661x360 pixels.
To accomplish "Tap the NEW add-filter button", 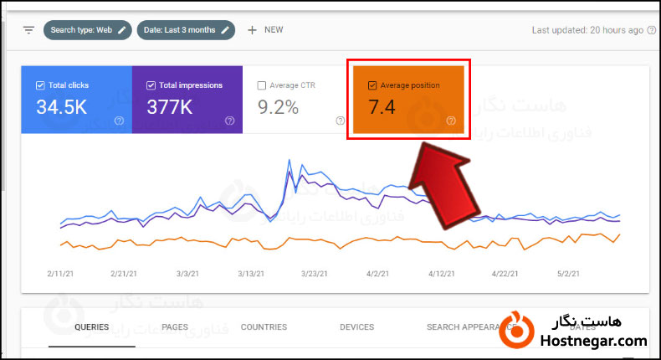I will tap(265, 30).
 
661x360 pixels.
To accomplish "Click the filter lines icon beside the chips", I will tap(28, 30).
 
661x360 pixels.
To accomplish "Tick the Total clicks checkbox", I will tap(40, 85).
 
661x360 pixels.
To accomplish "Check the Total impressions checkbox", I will tap(151, 85).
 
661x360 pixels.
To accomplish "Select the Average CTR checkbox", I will tap(262, 85).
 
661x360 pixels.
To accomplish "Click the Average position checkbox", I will tap(372, 85).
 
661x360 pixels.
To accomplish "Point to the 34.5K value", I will tap(61, 107).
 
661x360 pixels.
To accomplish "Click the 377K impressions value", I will tap(170, 107).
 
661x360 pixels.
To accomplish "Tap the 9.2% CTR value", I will tap(278, 107).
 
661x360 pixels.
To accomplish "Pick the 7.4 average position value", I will tap(382, 107).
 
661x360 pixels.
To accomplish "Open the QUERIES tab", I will tap(91, 327).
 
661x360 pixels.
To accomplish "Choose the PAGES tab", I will tap(174, 327).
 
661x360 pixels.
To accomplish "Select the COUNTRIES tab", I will tap(264, 327).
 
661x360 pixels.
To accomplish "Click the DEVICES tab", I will tap(356, 327).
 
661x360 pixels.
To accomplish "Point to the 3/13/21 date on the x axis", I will tap(250, 274).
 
